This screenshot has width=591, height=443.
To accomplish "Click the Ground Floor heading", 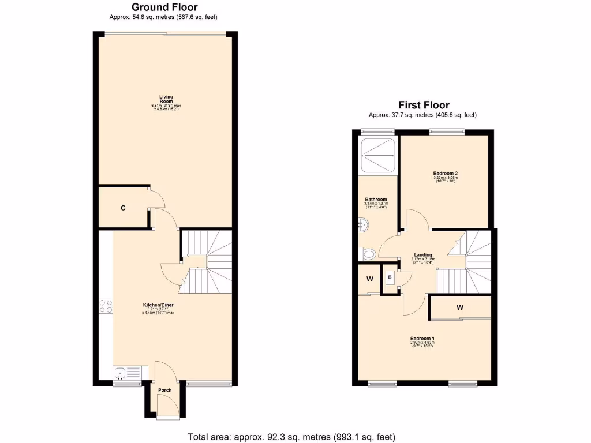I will click(x=164, y=7).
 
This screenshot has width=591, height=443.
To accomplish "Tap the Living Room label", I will click(x=166, y=99).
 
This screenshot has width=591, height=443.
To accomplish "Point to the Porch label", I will click(x=164, y=390).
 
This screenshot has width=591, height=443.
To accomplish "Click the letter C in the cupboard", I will click(x=123, y=208).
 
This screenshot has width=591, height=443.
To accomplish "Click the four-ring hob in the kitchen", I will click(x=106, y=306).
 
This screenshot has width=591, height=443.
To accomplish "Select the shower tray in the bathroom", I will click(x=377, y=154).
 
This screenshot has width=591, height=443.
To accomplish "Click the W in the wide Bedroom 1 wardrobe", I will click(x=460, y=307).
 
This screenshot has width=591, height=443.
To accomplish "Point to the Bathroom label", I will click(x=375, y=200).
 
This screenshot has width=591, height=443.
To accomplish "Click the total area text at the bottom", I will click(x=291, y=437).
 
